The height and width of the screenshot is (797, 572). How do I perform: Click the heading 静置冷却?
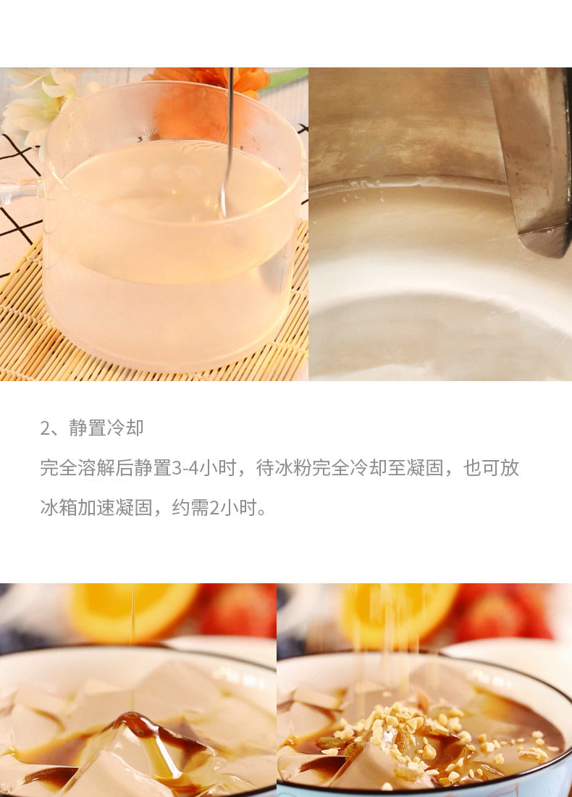click(106, 428)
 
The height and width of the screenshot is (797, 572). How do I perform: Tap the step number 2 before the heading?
click(45, 428)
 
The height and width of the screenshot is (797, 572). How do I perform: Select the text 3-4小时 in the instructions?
click(204, 468)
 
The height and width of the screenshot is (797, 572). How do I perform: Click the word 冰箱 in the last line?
click(59, 508)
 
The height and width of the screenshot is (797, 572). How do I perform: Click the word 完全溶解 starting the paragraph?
click(77, 468)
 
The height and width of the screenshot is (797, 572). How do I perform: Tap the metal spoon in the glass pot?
click(227, 142)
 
